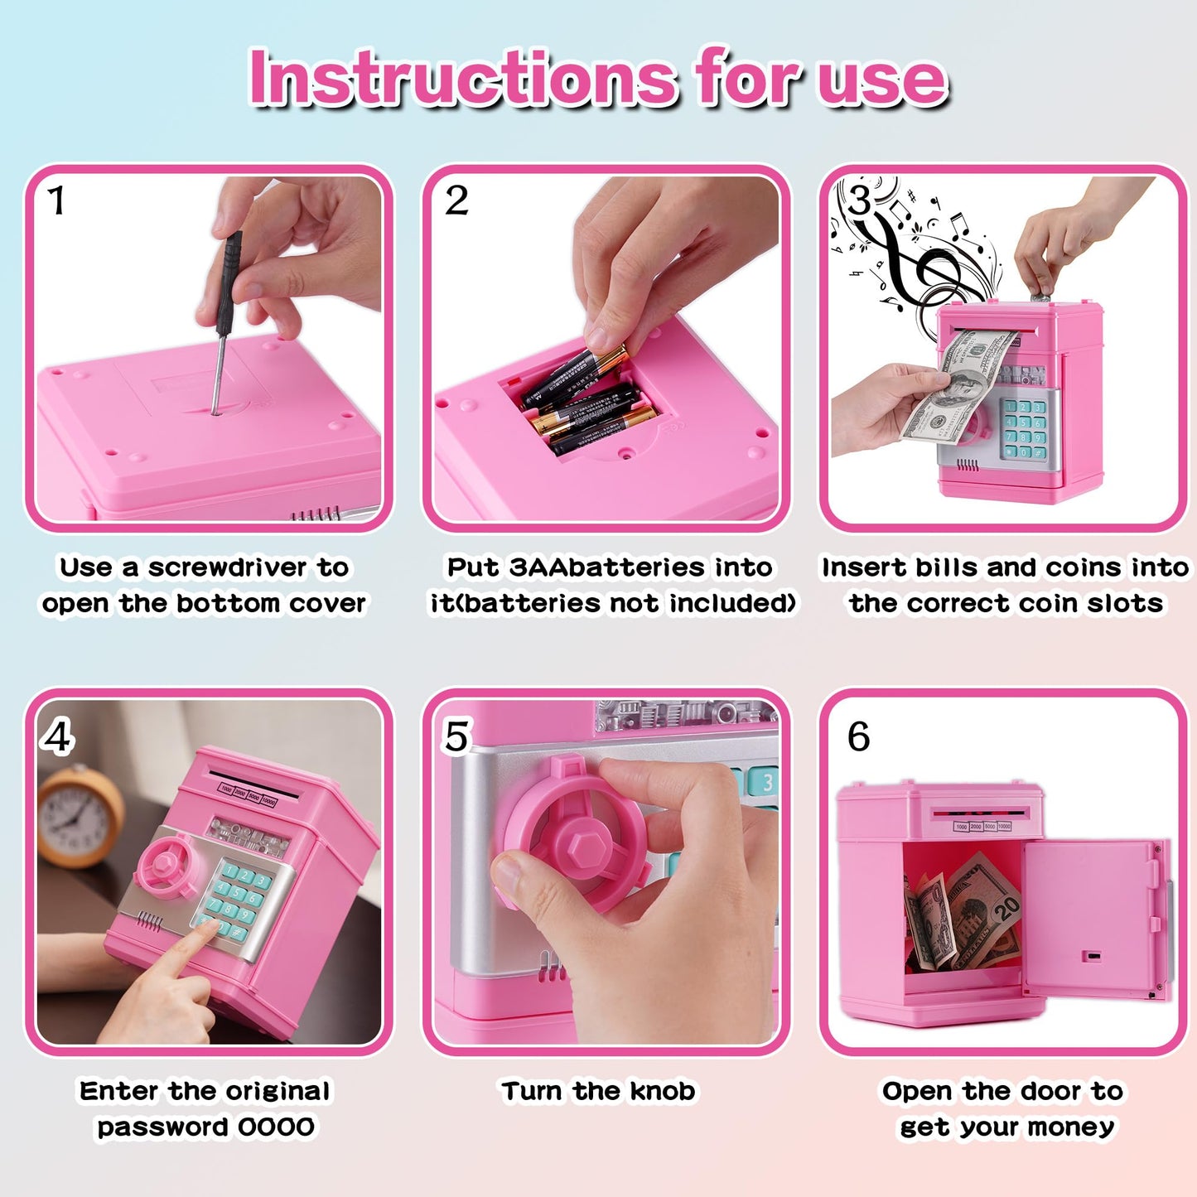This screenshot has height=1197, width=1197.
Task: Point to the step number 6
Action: click(x=858, y=736)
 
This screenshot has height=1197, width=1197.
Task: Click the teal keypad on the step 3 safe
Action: click(x=1025, y=428)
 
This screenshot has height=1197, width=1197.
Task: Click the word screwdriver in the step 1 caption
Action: click(x=227, y=567)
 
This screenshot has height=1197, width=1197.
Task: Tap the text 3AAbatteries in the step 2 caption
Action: click(x=607, y=567)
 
